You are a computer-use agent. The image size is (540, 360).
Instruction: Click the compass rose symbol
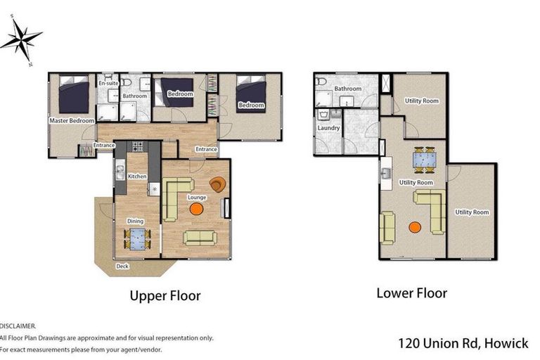coord(21,39)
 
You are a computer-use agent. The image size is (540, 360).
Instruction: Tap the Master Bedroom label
coord(72,120)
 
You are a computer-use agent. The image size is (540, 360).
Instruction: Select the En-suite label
coord(108,83)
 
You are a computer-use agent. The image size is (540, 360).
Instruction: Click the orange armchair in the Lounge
coord(218,184)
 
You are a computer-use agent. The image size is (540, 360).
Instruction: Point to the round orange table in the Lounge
coord(196,209)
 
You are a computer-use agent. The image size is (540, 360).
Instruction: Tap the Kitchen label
coord(137,176)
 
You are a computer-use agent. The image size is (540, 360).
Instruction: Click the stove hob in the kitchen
coord(138,146)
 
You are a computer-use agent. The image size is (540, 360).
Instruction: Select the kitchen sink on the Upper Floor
coord(120,172)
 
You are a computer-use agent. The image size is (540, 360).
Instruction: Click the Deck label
coord(122,266)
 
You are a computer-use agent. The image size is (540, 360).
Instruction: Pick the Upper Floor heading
coord(165,296)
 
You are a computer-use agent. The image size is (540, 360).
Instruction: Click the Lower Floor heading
coord(411,293)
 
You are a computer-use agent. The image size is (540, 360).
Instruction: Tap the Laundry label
coord(328,128)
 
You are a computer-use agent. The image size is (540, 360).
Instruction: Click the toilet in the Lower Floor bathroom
coord(321,82)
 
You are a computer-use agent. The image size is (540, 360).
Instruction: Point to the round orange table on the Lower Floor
coord(415,227)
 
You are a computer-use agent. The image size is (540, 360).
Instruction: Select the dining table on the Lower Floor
coord(424,160)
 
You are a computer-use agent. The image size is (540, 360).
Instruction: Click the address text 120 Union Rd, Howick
coord(463,343)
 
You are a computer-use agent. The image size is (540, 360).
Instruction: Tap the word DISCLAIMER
coord(18,326)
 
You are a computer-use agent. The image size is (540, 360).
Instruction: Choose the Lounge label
coord(197,198)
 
